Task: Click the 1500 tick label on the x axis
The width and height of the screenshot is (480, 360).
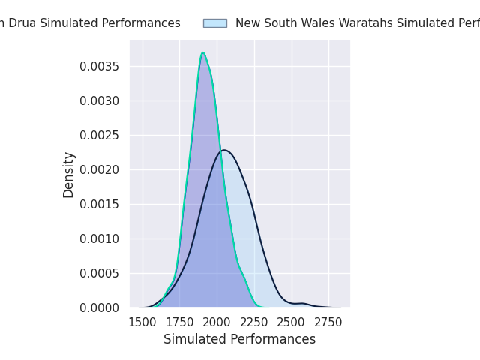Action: (x=142, y=322)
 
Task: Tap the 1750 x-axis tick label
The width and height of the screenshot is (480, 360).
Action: (x=180, y=322)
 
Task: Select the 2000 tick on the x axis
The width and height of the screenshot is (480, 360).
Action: (x=217, y=322)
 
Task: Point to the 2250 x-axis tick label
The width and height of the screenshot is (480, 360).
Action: (x=255, y=322)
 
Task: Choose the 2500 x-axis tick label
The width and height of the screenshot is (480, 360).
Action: (x=292, y=322)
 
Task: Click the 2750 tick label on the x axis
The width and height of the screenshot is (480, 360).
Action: (x=329, y=322)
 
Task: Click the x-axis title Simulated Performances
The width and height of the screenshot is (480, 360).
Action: (x=239, y=340)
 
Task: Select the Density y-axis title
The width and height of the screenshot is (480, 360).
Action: (x=69, y=175)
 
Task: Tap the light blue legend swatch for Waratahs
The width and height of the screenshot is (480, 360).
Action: (x=214, y=23)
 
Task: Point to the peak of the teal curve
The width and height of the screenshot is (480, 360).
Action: (x=202, y=52)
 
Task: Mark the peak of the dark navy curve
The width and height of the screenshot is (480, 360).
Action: (x=224, y=150)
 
